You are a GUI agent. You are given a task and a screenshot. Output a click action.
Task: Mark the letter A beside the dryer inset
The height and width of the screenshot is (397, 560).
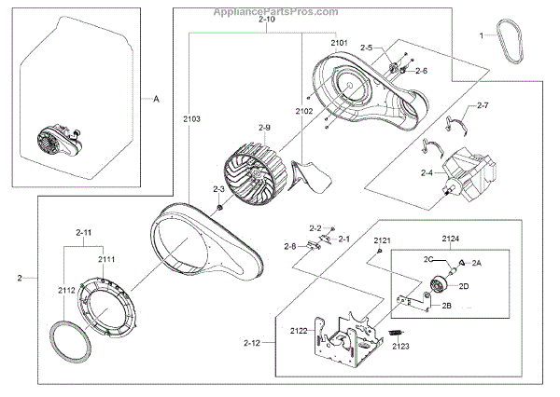tap(156, 97)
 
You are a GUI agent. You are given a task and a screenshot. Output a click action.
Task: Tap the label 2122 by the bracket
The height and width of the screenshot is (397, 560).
tap(299, 330)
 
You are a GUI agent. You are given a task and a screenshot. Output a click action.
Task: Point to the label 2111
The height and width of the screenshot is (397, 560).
tap(106, 259)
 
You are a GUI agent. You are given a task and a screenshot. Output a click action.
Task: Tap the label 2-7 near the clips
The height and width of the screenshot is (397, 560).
tap(482, 108)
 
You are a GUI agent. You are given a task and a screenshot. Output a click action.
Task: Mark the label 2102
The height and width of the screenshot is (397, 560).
tap(305, 111)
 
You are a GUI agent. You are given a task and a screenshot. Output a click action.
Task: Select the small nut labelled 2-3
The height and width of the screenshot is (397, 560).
tap(217, 206)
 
